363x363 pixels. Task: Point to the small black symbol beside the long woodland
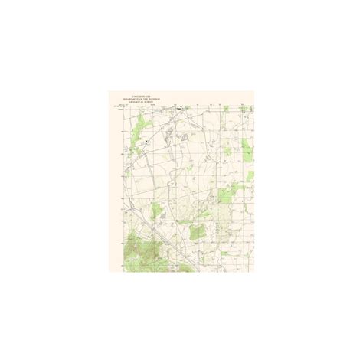click(146, 141)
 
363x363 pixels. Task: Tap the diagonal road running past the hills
click(165, 237)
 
